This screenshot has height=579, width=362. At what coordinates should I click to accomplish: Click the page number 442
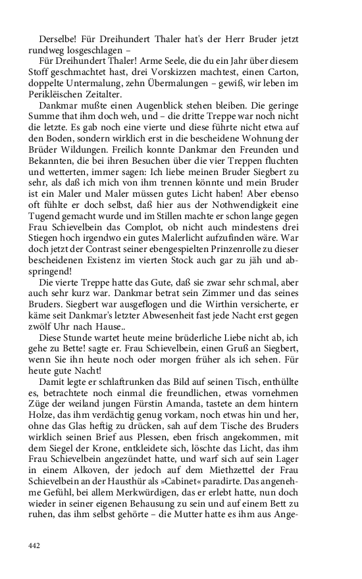(x=36, y=545)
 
